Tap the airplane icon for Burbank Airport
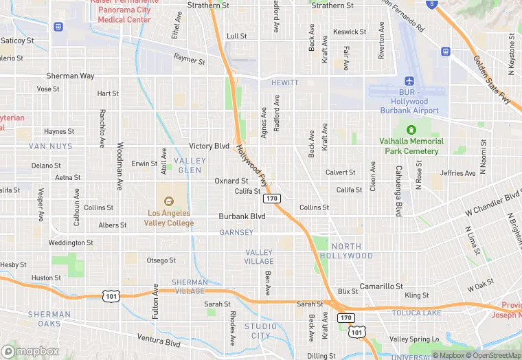[410, 81]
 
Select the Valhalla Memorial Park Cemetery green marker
[411, 130]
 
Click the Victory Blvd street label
[209, 146]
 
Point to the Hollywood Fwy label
[252, 166]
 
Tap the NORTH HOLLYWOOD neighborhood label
[352, 251]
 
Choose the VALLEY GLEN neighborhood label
[189, 165]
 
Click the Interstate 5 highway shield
[431, 3]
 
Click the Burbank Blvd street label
[242, 216]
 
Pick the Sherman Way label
[70, 76]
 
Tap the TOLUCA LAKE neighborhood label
[416, 313]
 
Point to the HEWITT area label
[284, 82]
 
